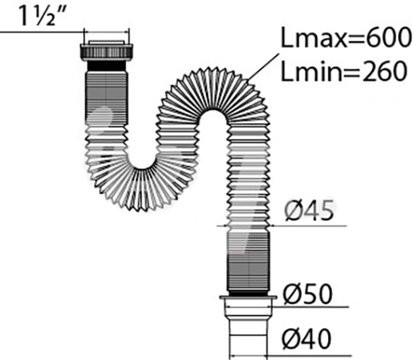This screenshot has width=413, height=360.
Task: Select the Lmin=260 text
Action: point(344,71)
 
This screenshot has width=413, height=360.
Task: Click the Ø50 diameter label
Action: point(307,294)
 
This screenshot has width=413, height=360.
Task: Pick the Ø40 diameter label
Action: point(306,339)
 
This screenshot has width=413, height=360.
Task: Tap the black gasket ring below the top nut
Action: point(107,66)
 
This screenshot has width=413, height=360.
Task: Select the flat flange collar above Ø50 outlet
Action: point(248,298)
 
